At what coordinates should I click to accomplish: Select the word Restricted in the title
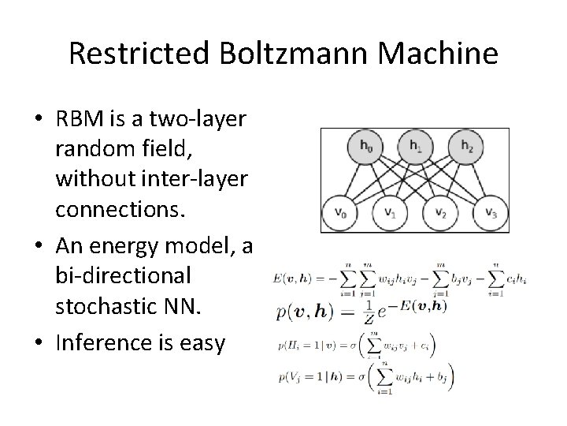[137, 54]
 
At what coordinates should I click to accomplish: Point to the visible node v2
[440, 211]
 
